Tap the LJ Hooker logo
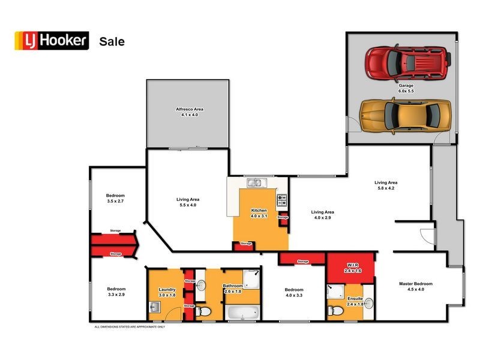pos(52,41)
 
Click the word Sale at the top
pos(112,41)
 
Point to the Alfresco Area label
pos(190,109)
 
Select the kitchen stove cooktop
pos(282,201)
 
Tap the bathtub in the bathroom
pos(242,313)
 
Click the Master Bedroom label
pos(415,284)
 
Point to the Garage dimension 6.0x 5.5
pos(406,92)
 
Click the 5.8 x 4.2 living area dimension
pos(386,189)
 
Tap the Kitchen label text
pos(259,210)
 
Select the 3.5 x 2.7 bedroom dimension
pos(115,202)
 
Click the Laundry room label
pos(167,289)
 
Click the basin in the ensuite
pos(368,303)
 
